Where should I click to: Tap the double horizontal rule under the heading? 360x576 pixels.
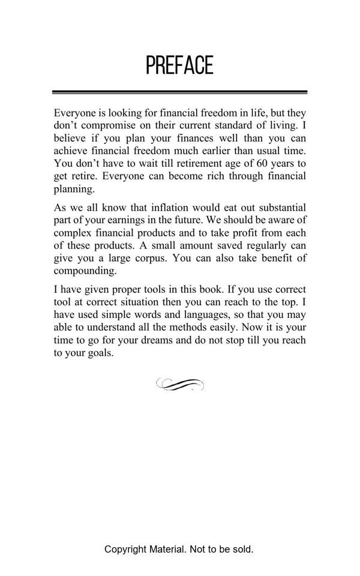(179, 92)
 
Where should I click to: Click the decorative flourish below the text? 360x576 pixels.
(179, 385)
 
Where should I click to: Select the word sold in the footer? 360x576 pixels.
(242, 549)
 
